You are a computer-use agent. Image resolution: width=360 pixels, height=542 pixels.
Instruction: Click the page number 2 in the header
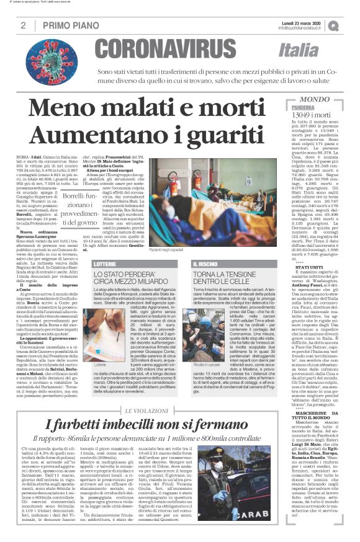[x=22, y=25]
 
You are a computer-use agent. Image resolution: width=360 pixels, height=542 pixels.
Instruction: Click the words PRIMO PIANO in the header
[x=65, y=25]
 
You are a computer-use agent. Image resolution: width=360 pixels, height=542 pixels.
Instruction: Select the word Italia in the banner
[x=316, y=50]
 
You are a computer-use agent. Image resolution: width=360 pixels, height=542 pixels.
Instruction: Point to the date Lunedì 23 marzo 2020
[x=300, y=22]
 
